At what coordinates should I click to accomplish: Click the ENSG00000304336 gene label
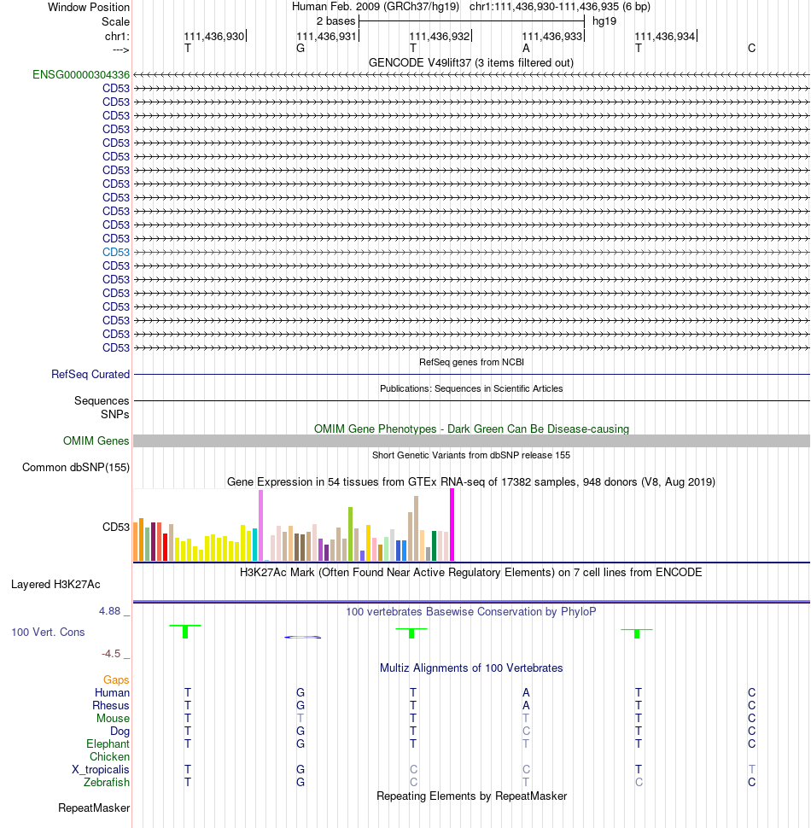[x=81, y=74]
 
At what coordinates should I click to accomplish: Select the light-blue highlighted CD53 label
[x=115, y=252]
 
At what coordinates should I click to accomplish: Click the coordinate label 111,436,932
[x=440, y=37]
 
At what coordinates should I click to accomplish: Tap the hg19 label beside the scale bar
[x=604, y=21]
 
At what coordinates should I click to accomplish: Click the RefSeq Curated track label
[x=90, y=374]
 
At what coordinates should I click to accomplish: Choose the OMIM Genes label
[x=96, y=440]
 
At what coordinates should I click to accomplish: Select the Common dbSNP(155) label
[x=76, y=467]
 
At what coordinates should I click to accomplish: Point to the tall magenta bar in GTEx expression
[x=452, y=524]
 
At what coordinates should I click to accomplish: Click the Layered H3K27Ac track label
[x=55, y=584]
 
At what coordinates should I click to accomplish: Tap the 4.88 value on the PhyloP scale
[x=110, y=611]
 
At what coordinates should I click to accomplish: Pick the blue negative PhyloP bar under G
[x=302, y=638]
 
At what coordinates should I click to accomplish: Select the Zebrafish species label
[x=106, y=782]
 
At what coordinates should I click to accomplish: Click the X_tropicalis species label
[x=101, y=769]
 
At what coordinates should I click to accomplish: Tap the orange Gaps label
[x=116, y=679]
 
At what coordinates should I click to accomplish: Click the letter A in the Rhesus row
[x=526, y=705]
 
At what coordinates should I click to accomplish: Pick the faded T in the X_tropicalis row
[x=752, y=769]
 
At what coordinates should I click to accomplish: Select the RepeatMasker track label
[x=94, y=808]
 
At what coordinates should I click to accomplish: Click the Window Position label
[x=89, y=8]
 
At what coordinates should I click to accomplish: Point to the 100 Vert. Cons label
[x=48, y=632]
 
